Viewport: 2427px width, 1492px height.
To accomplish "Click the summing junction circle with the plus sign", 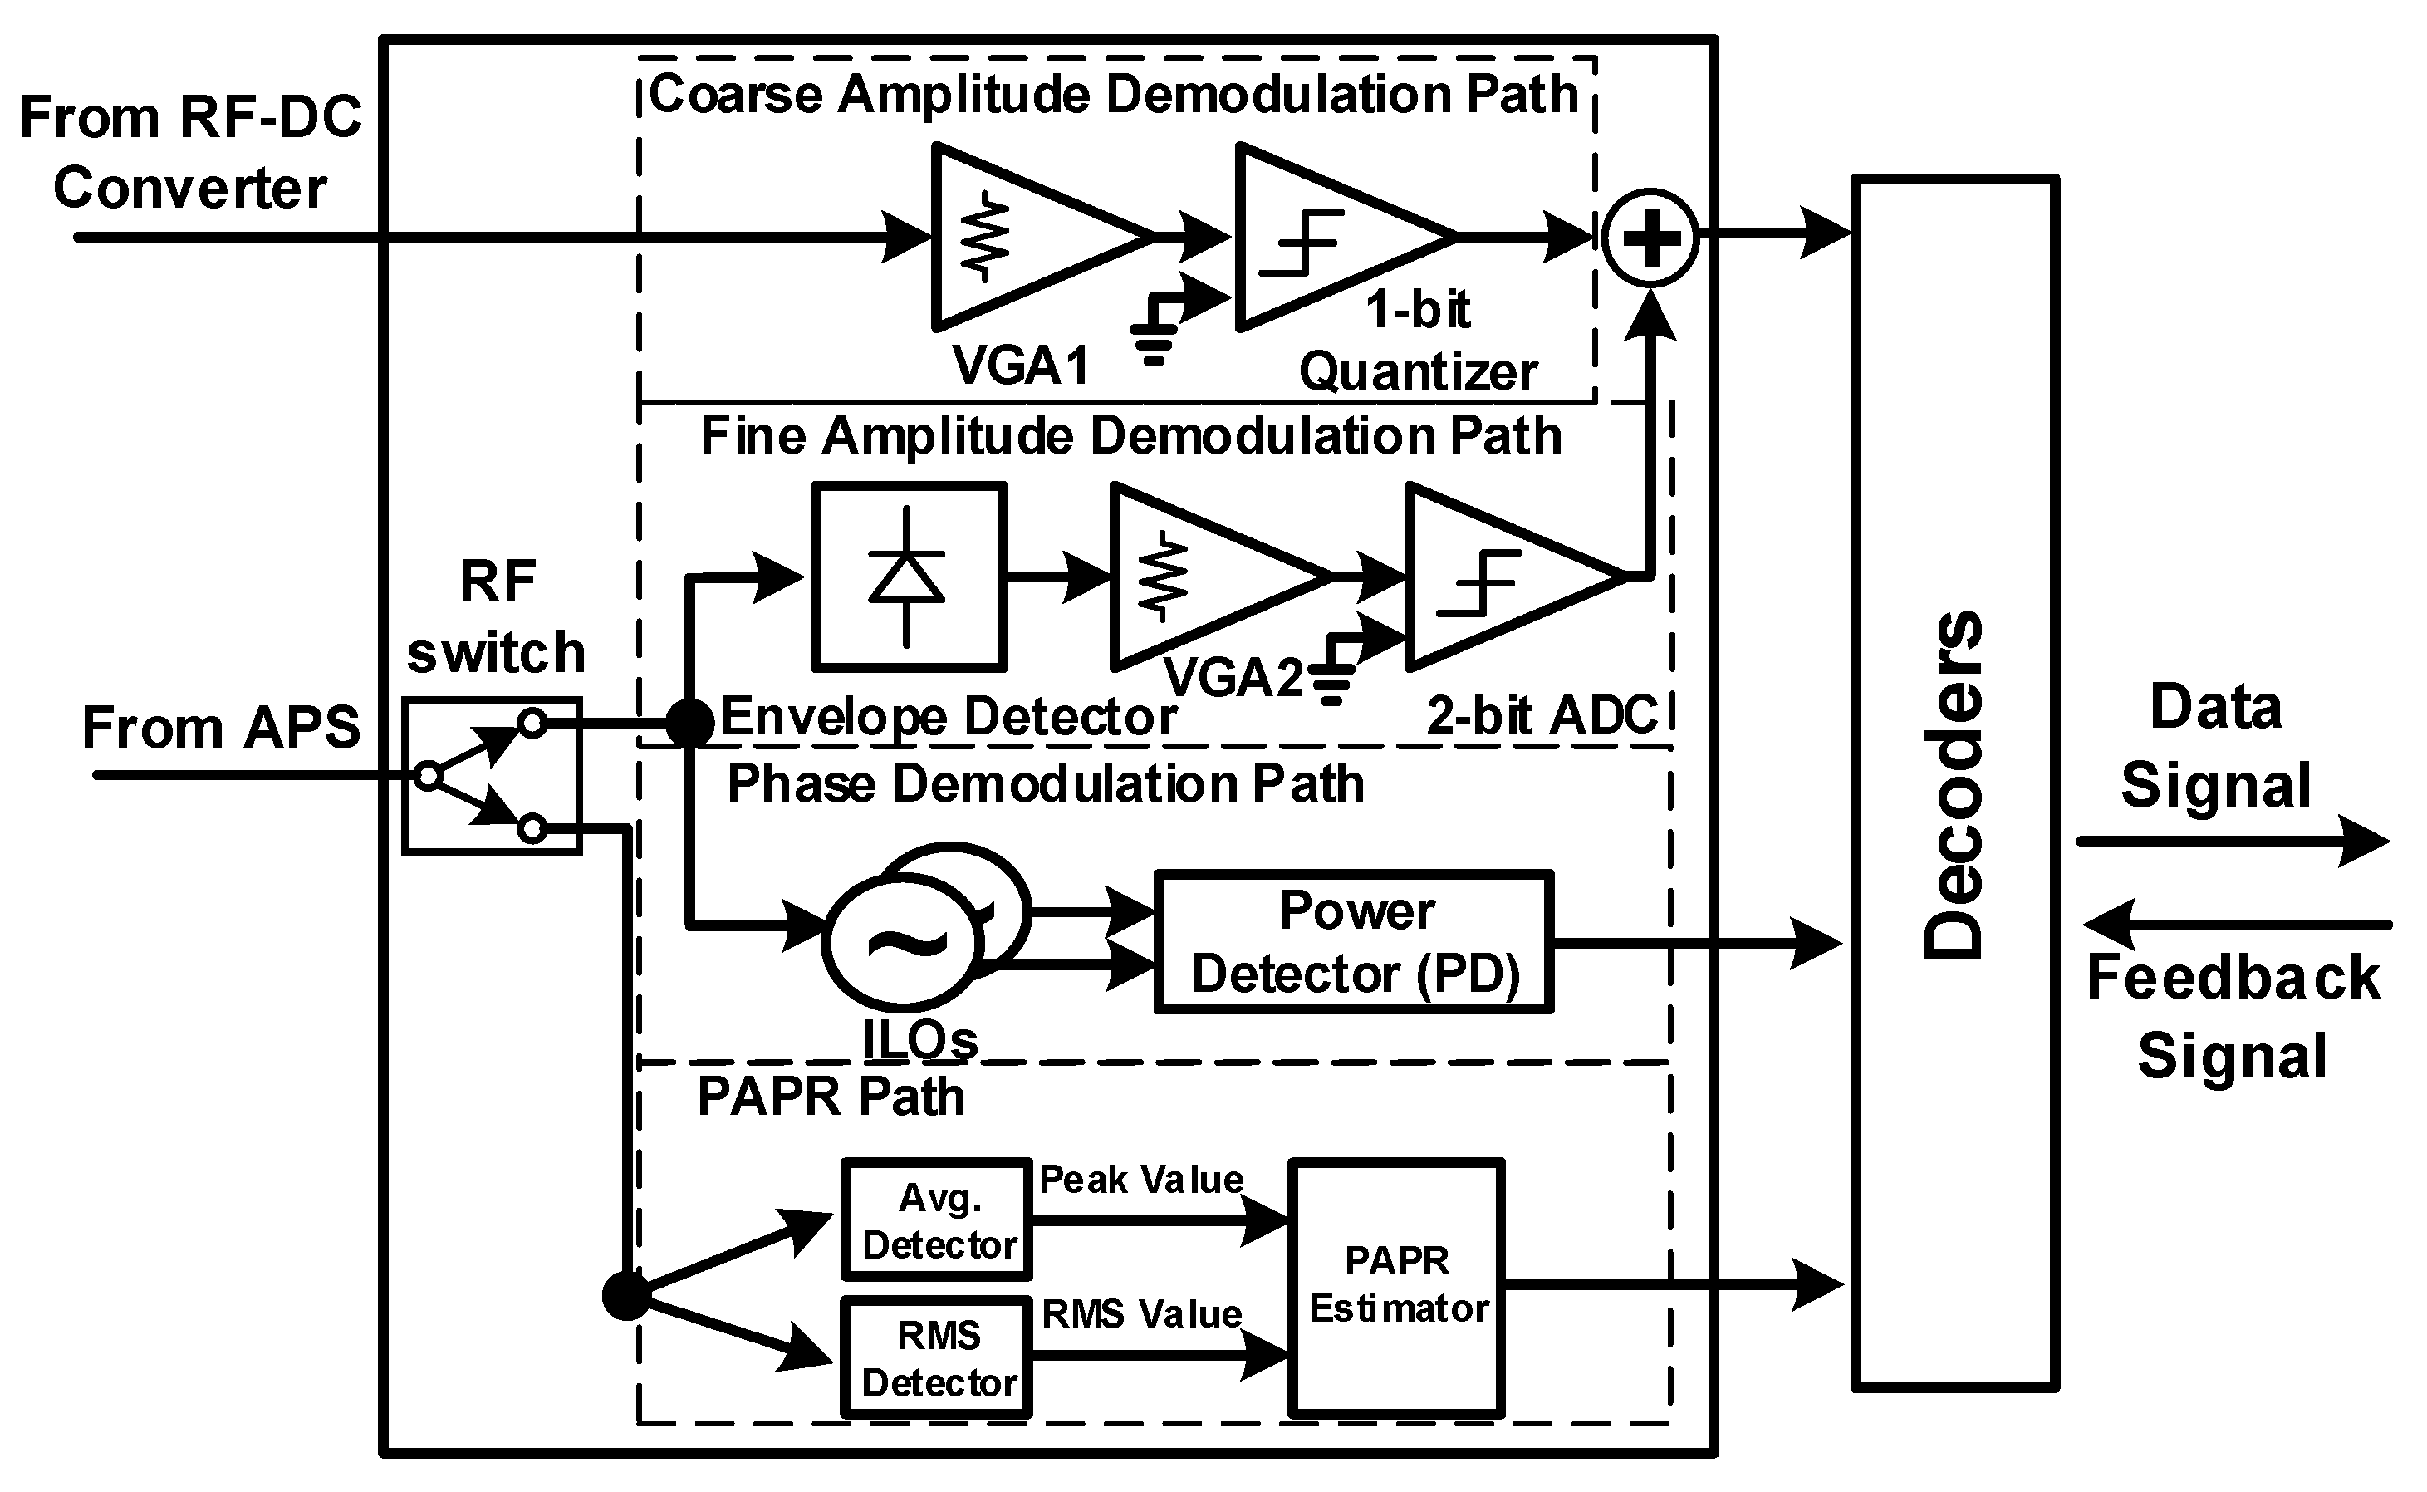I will tap(1650, 238).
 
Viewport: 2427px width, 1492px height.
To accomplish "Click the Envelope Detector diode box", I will tap(909, 577).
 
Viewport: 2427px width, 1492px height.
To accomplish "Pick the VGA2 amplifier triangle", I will tap(1199, 577).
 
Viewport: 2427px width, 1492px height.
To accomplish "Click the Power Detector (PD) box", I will tap(1354, 942).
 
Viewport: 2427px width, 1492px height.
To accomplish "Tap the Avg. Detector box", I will tap(936, 1220).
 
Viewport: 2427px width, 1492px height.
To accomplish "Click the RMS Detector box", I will tap(936, 1357).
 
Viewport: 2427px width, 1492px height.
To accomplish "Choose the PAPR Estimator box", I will tap(1396, 1287).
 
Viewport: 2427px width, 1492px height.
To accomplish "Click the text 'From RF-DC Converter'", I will tap(190, 153).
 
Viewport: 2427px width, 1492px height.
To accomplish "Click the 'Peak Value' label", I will tap(1141, 1179).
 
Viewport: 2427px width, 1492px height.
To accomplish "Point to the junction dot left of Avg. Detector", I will tap(626, 1294).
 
